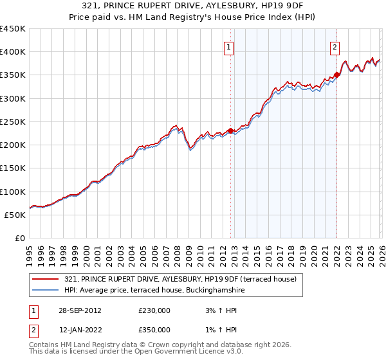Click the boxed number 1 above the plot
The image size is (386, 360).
230,46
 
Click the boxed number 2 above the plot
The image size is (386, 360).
336,46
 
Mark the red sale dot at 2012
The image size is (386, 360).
230,131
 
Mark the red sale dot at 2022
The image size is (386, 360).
336,75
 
